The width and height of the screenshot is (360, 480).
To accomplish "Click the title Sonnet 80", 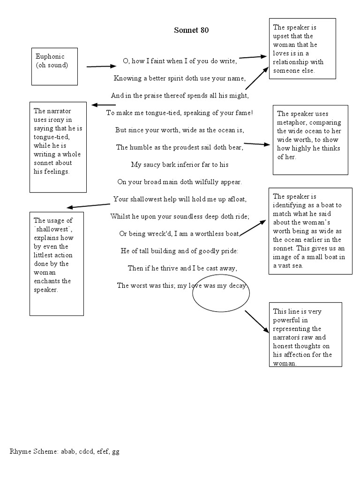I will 191,30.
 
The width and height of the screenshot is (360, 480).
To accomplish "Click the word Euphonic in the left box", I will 48,57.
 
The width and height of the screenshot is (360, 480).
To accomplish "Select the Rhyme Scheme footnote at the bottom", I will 65,452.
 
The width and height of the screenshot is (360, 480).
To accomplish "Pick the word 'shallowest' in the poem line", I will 148,199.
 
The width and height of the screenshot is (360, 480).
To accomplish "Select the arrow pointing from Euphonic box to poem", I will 101,67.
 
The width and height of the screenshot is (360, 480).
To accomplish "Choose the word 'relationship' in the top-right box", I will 293,62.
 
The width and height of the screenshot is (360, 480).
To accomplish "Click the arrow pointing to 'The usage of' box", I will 89,205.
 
